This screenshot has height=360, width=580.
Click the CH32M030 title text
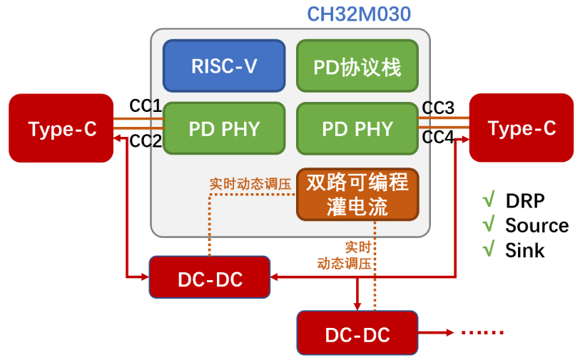coord(358,14)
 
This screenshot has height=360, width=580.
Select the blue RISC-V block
coord(224,66)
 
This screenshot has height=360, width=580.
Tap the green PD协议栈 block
coord(357,66)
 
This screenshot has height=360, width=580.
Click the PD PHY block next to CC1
coord(224,129)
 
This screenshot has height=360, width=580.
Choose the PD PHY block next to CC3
coord(357,129)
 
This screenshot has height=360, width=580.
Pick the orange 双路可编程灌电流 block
coord(357,194)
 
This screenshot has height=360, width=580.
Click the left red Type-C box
coord(61,128)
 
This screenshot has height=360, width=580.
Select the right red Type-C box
coord(521,128)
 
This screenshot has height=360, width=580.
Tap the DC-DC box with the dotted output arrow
coord(357,334)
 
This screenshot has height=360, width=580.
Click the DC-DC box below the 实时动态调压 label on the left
coord(210,277)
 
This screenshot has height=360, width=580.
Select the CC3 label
coord(438,108)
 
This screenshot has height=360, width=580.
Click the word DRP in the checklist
coord(525,200)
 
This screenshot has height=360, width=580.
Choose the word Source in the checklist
coord(536,225)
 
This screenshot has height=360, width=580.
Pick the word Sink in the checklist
coord(524,250)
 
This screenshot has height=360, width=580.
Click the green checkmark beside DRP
coord(489,200)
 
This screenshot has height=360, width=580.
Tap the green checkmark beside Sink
coord(489,250)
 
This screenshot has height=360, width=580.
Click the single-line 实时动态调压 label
coord(250,183)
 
